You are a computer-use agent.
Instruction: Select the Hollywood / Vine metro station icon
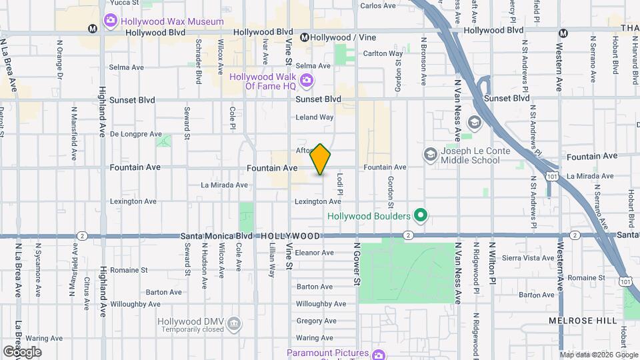(305, 37)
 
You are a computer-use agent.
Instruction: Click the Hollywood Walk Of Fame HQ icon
(307, 81)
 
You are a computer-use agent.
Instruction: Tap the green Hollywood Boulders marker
(420, 215)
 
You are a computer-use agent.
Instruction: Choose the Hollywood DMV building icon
(234, 325)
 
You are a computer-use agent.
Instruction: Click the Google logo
(22, 351)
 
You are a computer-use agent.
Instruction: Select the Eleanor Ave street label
(314, 253)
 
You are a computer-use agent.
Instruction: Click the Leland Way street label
(314, 117)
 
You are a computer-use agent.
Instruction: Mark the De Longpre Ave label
(133, 133)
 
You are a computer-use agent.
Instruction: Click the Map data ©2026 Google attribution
(597, 355)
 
